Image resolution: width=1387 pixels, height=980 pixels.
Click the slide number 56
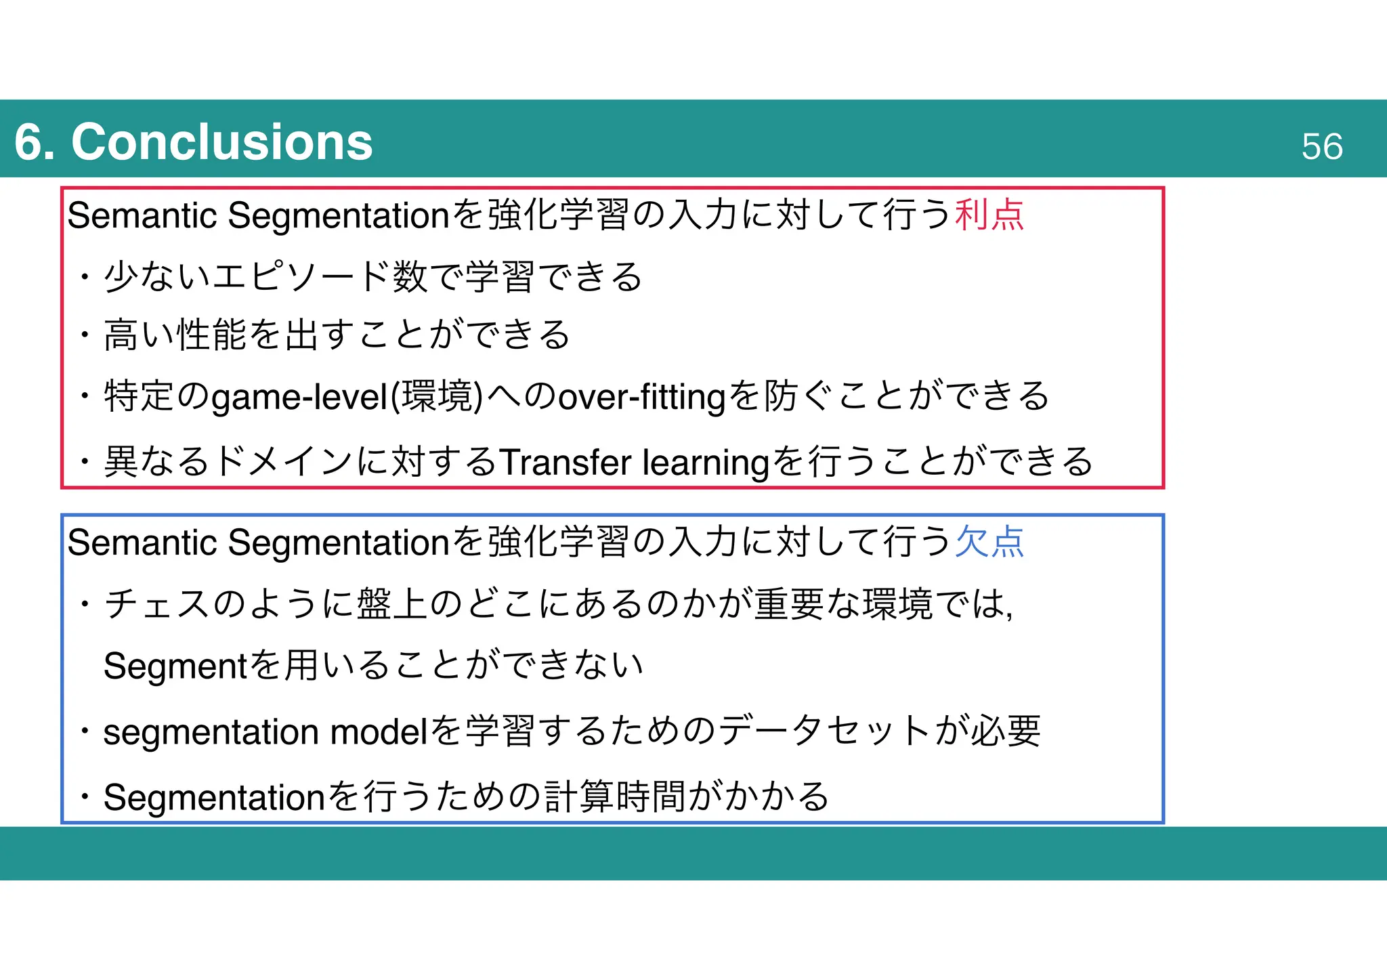click(1321, 146)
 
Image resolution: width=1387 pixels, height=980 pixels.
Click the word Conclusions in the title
click(221, 142)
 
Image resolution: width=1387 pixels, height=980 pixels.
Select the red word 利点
click(989, 215)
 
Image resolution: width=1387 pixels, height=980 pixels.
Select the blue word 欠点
click(989, 542)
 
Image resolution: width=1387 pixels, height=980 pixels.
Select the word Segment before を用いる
click(175, 666)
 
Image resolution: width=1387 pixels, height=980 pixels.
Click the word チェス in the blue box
click(157, 603)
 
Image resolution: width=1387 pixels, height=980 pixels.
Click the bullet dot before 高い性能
click(84, 335)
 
